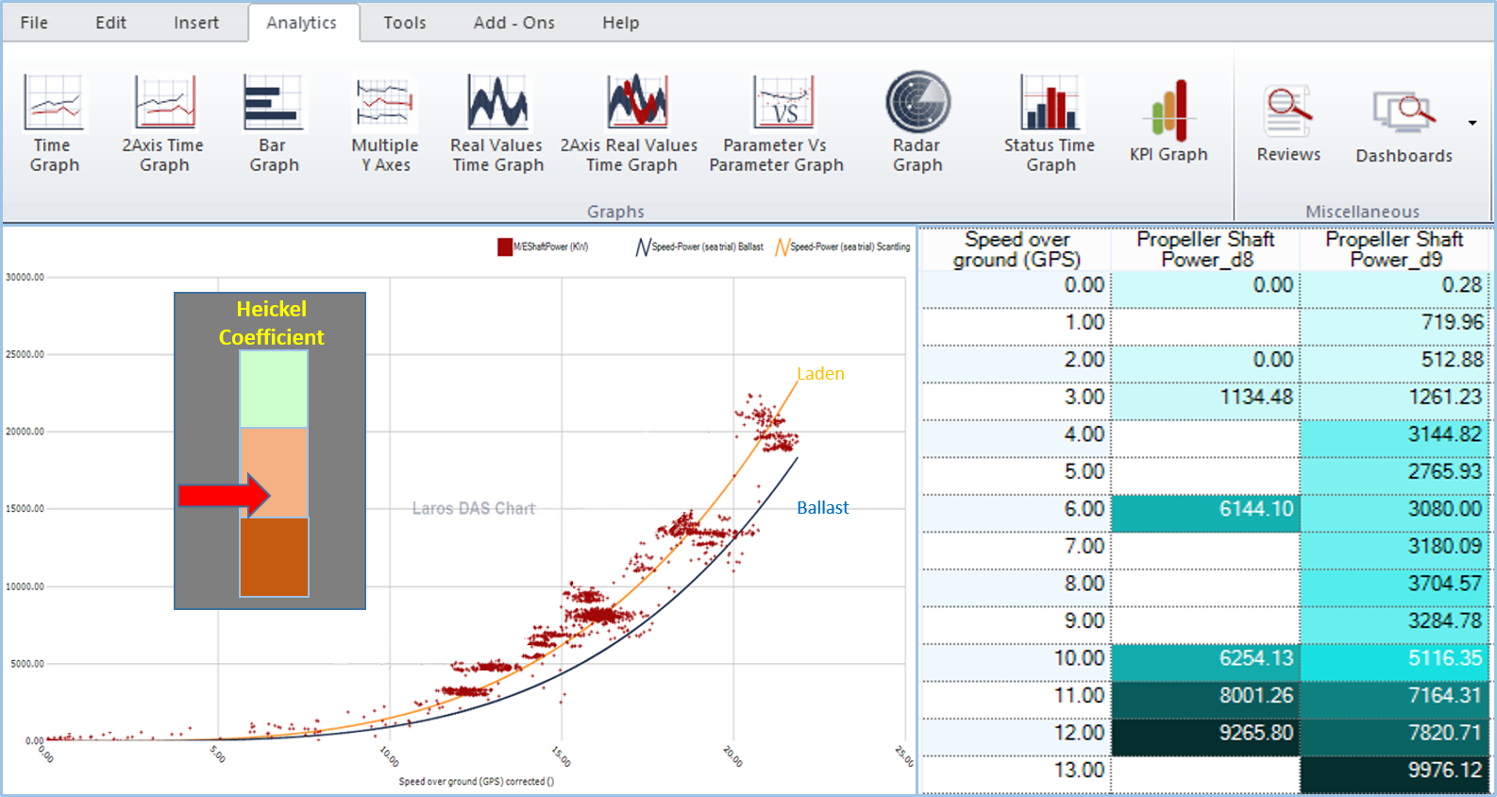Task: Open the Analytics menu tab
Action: click(x=301, y=23)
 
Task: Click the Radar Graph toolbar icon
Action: click(x=917, y=103)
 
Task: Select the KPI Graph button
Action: click(x=1169, y=112)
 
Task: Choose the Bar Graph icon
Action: click(x=274, y=103)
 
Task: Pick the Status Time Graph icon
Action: click(x=1050, y=103)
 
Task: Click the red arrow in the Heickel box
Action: click(x=224, y=495)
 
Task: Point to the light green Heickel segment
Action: click(x=274, y=389)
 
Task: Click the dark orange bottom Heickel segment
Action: click(x=274, y=557)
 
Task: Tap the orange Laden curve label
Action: click(x=820, y=374)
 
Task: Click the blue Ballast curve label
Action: click(x=822, y=508)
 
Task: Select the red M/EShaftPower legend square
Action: click(x=505, y=247)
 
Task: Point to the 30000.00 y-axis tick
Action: click(x=25, y=278)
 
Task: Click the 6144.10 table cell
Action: click(x=1205, y=509)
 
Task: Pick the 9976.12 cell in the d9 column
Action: click(x=1395, y=771)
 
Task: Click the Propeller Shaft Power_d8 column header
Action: click(x=1205, y=249)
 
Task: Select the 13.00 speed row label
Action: click(x=1079, y=771)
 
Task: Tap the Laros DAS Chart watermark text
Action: click(x=473, y=509)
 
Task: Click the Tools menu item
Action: click(x=404, y=23)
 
